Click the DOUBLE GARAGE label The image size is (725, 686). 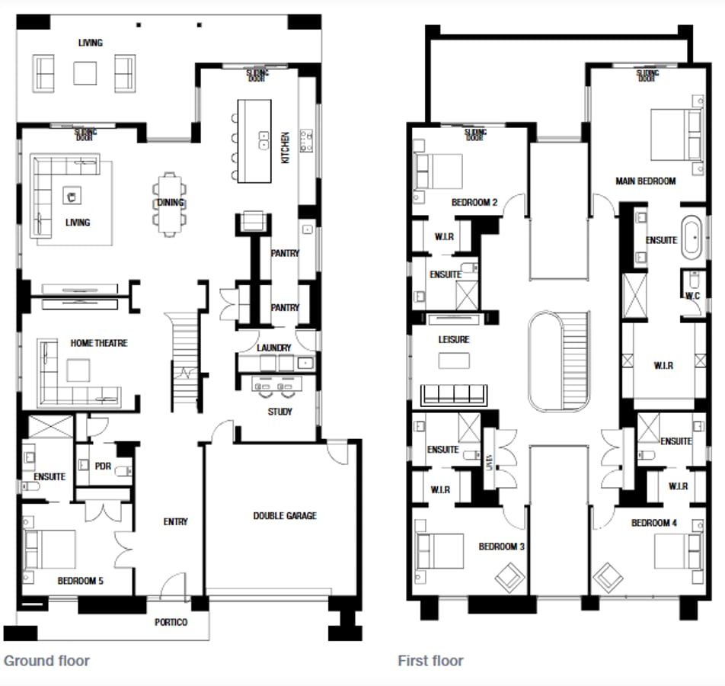click(x=284, y=516)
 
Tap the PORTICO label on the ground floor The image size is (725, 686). click(x=171, y=622)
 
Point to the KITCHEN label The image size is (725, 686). click(x=286, y=149)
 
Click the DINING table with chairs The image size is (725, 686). click(x=169, y=202)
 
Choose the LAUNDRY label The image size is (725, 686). click(x=273, y=348)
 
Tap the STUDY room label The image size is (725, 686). click(x=279, y=412)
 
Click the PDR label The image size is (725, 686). click(x=104, y=466)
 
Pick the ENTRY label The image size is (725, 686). click(x=175, y=522)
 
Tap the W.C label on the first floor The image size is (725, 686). click(x=692, y=295)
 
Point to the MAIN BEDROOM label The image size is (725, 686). click(x=645, y=181)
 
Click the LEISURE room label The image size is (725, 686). click(x=453, y=339)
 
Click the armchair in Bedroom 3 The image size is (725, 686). click(x=509, y=577)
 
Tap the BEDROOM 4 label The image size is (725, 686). click(x=653, y=523)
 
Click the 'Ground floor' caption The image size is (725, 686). click(x=46, y=661)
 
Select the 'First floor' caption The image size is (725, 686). click(x=430, y=661)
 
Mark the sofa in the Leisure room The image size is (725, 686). click(x=453, y=393)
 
